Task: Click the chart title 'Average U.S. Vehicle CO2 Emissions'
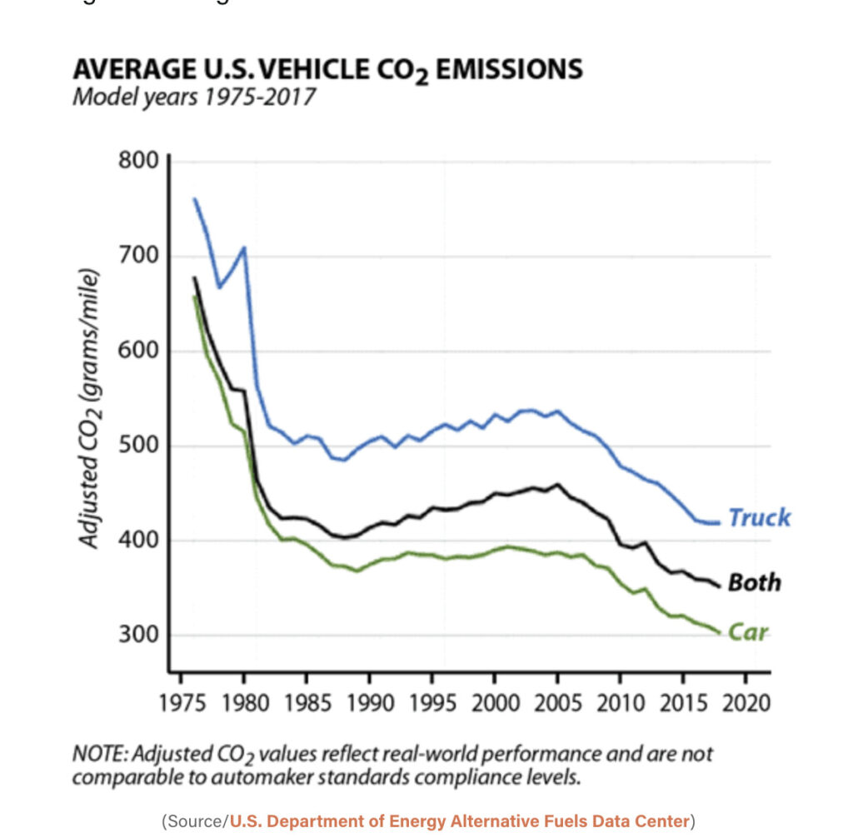point(327,69)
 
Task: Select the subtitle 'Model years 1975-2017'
point(194,97)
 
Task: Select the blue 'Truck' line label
point(759,517)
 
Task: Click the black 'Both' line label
point(754,582)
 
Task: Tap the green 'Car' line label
point(747,632)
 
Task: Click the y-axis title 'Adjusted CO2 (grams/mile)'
point(89,408)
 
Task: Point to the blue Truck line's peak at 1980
point(243,247)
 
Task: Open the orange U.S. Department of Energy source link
point(460,821)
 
